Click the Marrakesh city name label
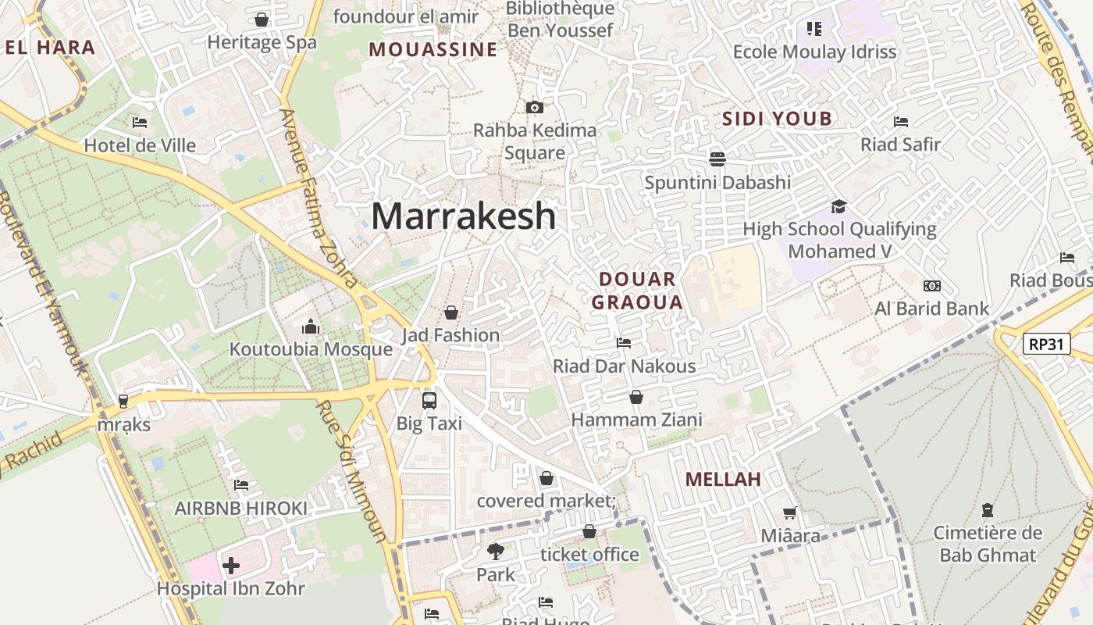pos(463,216)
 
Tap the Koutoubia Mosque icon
pos(311,326)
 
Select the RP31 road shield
pos(1046,344)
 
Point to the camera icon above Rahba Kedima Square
pos(535,108)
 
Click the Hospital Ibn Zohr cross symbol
pos(231,565)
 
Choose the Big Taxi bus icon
pos(429,401)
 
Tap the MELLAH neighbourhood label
pos(723,479)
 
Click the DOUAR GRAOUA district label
pos(637,291)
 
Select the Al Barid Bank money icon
pos(931,286)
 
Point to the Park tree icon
pos(495,552)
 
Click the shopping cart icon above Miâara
pos(790,513)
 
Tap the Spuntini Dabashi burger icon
pos(717,159)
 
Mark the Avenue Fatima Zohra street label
pos(319,198)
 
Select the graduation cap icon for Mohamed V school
pos(838,206)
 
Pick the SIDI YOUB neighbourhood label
pos(777,119)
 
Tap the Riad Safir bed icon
pos(900,122)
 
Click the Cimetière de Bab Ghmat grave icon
pos(988,510)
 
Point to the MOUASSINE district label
pos(433,50)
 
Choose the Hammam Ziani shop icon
pos(636,397)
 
